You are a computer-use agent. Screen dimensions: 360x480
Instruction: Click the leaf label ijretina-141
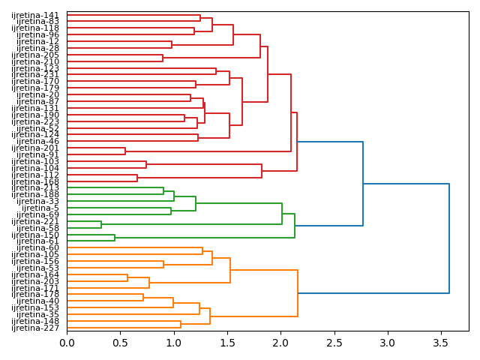pos(35,15)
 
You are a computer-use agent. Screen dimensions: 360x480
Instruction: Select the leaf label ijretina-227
pos(35,328)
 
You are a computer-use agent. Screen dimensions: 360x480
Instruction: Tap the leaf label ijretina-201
pos(35,148)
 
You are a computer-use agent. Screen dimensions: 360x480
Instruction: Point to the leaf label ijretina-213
pos(35,187)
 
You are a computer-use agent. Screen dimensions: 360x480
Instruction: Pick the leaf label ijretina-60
pos(37,247)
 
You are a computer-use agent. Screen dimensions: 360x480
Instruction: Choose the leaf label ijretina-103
pos(35,161)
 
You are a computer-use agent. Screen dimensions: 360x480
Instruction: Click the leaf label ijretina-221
pos(35,221)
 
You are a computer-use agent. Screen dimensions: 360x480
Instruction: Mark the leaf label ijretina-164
pos(35,274)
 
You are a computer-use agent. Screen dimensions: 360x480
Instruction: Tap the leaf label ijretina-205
pos(35,55)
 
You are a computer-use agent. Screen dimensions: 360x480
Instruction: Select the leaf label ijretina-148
pos(35,321)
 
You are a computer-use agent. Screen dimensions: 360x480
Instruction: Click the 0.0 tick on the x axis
pos(67,343)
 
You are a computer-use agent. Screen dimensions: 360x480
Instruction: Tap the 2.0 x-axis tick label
pos(280,343)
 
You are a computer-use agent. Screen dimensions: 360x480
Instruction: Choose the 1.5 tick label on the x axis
pos(226,343)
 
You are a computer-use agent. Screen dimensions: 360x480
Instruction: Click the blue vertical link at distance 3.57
pos(448,238)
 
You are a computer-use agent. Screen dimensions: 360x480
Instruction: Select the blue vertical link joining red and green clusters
pos(363,184)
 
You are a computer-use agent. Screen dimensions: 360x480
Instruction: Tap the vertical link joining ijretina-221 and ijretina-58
pos(101,224)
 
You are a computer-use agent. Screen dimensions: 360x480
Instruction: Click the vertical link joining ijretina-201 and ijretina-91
pos(125,151)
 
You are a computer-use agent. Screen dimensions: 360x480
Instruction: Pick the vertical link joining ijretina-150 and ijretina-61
pos(115,238)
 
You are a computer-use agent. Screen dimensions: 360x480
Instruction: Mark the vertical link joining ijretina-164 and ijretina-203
pos(127,277)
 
